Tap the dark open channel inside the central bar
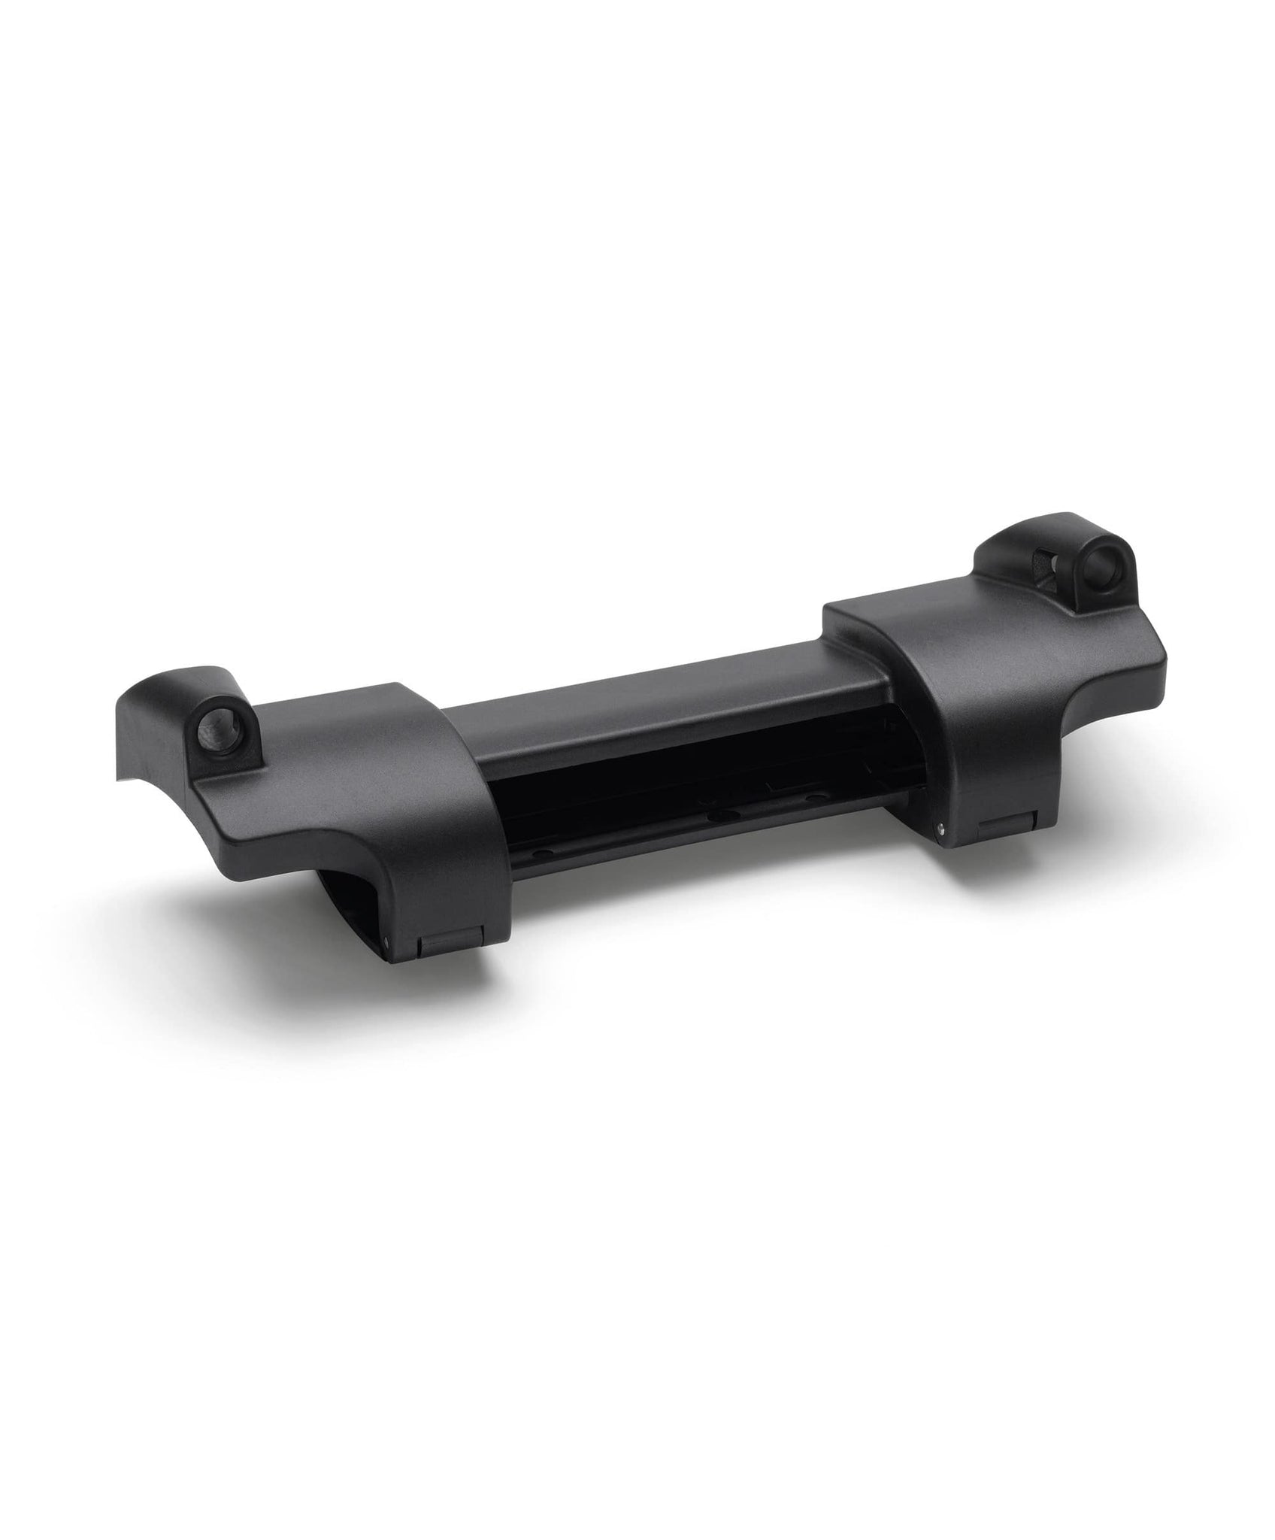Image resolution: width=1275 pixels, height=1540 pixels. (x=677, y=782)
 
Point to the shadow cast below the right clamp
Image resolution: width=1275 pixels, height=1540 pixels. (x=1052, y=872)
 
